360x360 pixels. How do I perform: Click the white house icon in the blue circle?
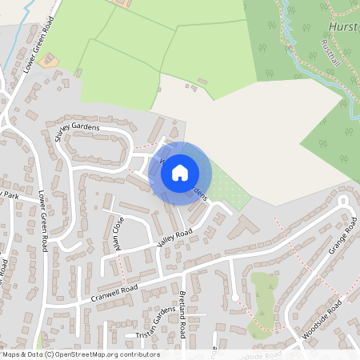pyautogui.click(x=180, y=171)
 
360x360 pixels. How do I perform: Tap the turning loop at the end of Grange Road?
pyautogui.click(x=235, y=298)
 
